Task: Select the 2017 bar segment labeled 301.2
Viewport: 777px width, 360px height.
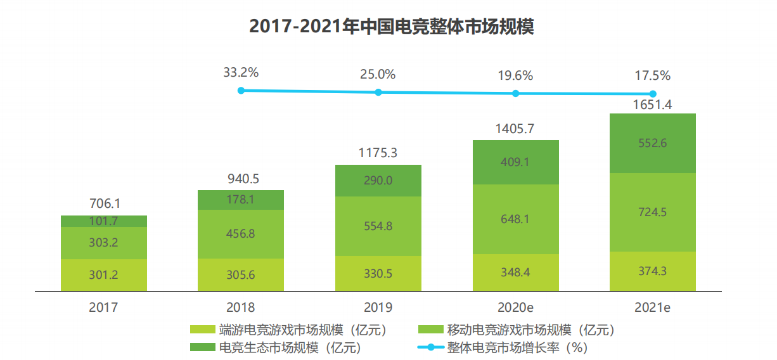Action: pos(104,274)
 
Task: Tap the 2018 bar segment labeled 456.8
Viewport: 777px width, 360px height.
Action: pos(241,234)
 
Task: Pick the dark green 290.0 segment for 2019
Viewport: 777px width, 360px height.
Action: pos(378,181)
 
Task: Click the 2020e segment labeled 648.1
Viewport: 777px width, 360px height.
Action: pos(515,219)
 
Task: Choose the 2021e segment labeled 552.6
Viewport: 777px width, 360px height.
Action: pos(652,143)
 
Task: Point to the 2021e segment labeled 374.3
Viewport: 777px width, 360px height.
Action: pos(652,271)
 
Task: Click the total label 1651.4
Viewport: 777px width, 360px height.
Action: pos(652,105)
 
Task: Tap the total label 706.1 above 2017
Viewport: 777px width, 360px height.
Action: pos(104,204)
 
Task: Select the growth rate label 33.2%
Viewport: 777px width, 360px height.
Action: pos(241,73)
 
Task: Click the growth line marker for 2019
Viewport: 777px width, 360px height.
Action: pos(378,92)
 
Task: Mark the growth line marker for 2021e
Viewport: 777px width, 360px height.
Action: pos(652,94)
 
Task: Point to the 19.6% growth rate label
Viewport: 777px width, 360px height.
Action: pos(515,75)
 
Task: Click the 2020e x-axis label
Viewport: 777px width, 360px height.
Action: pos(515,307)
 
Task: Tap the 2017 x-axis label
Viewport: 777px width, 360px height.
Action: pos(104,307)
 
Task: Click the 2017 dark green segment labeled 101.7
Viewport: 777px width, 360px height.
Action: pos(104,221)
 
